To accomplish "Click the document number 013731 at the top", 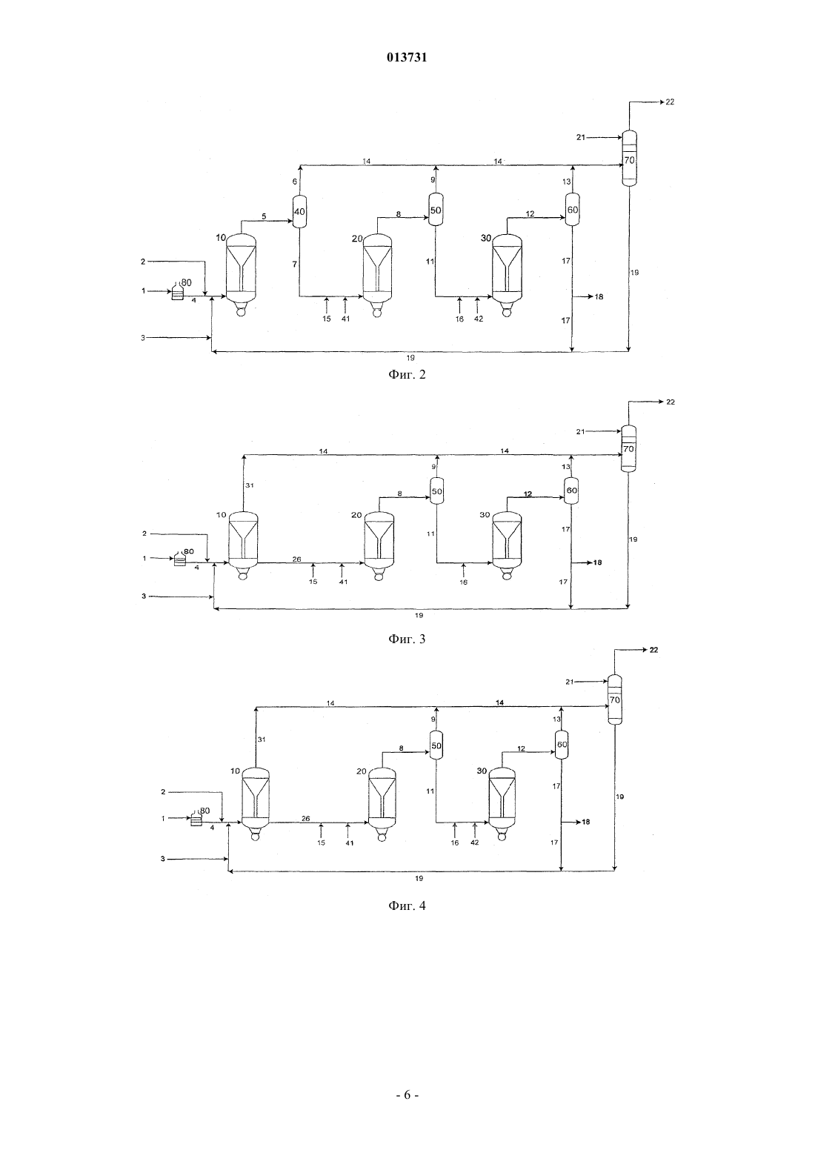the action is (407, 58).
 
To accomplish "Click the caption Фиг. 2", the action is (407, 374).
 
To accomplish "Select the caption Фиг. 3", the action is (407, 639).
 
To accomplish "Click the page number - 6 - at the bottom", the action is (407, 1095).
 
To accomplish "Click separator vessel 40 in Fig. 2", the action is (299, 211).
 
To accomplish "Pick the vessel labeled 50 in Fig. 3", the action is (436, 491).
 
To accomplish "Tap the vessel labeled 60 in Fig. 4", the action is (562, 744).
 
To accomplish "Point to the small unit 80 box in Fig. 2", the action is (177, 293).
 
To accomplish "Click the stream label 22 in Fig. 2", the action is (669, 102).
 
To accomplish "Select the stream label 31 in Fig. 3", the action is (249, 485).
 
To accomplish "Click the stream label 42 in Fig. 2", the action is (479, 319).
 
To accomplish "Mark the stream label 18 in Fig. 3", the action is (597, 562).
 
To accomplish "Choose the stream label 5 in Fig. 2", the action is (264, 216).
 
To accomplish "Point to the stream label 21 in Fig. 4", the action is (570, 682).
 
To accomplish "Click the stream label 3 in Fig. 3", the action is (144, 596).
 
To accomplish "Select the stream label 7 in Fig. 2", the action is (294, 264).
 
